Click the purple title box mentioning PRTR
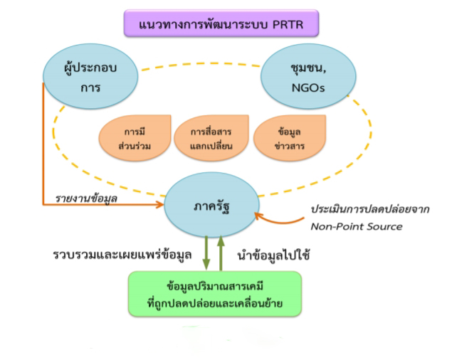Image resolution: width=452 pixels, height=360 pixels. click(x=220, y=24)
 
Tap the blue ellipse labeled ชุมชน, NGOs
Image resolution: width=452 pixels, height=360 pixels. click(x=300, y=77)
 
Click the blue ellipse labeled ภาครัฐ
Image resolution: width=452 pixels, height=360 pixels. click(x=209, y=206)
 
